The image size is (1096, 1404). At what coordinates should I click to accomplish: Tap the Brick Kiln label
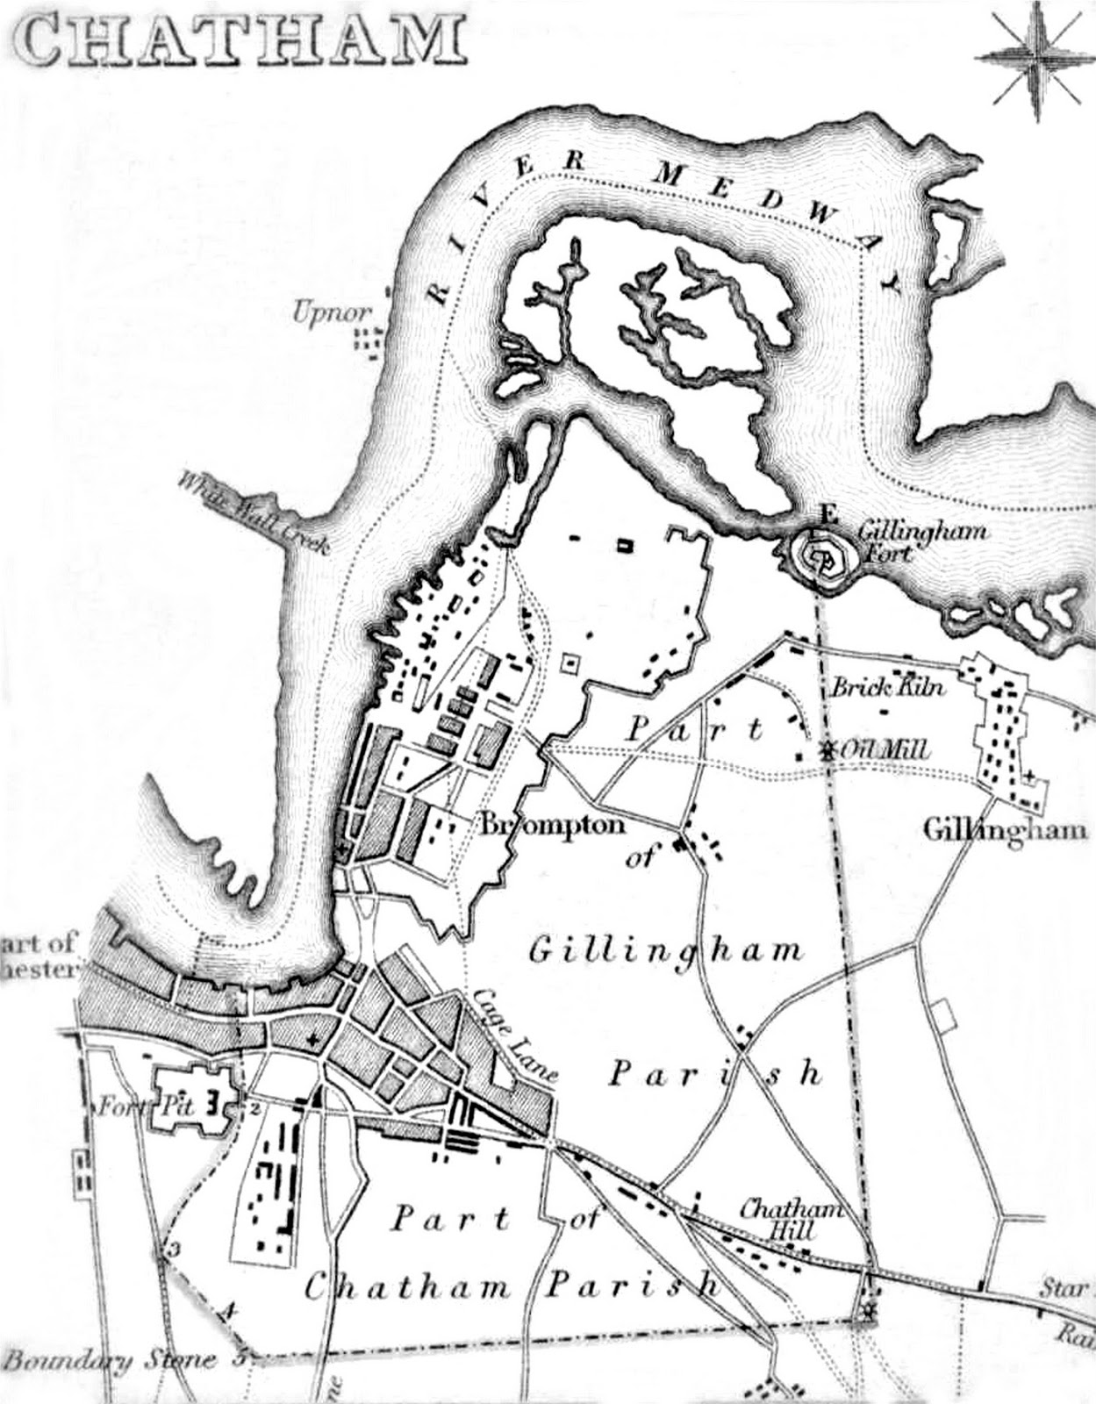(888, 686)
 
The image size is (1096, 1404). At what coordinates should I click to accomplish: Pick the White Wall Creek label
(252, 514)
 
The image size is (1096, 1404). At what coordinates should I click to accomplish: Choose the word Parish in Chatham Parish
(632, 1287)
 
